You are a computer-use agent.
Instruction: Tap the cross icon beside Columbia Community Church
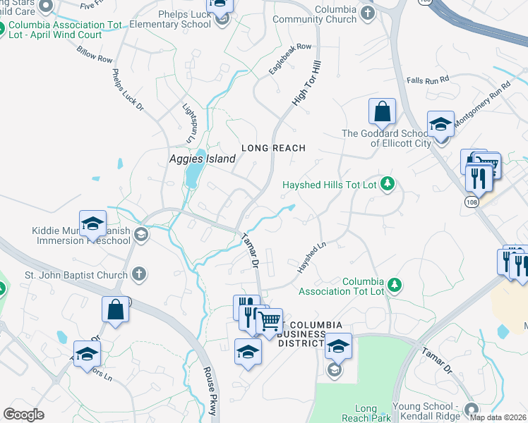[367, 13]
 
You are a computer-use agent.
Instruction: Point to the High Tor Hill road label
[307, 84]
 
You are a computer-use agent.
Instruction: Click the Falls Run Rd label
[428, 80]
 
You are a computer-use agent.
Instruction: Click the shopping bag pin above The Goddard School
[382, 111]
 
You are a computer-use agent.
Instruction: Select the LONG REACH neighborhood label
[273, 148]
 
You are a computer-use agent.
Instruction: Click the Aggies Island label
[202, 159]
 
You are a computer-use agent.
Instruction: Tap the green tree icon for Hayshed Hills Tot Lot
[387, 185]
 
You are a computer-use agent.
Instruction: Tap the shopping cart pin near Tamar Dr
[269, 321]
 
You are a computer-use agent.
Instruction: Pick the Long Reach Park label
[366, 413]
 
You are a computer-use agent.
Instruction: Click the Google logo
[24, 415]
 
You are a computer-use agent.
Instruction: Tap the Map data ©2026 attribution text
[498, 417]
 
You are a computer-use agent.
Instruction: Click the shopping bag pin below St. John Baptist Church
[116, 309]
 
